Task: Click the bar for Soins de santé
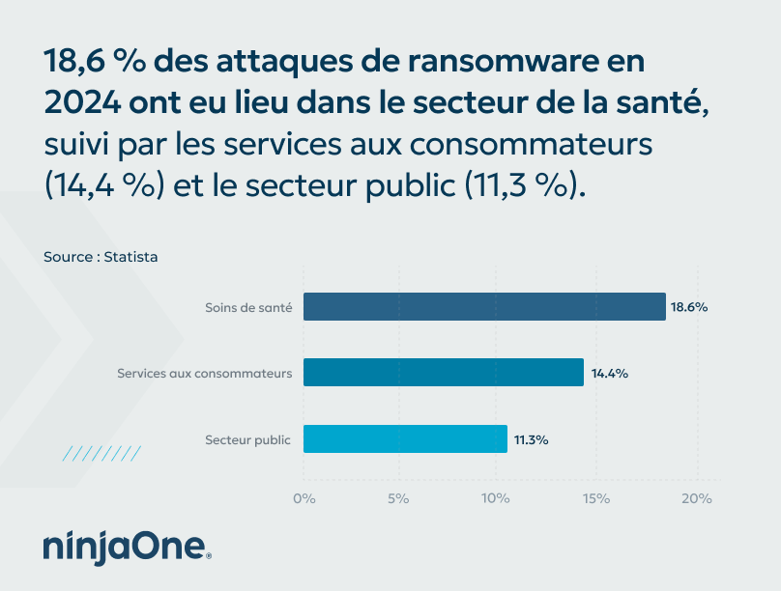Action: [x=484, y=307]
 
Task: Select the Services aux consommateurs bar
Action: [x=444, y=373]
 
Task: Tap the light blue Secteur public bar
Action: [x=405, y=439]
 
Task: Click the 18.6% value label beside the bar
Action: [x=690, y=307]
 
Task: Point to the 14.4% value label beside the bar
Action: [x=609, y=373]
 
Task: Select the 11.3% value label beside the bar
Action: [x=532, y=439]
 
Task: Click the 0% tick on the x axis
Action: [x=304, y=498]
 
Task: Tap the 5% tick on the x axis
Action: [x=398, y=498]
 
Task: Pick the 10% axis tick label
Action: [x=496, y=498]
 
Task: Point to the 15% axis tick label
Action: [x=595, y=498]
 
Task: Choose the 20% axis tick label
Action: [x=696, y=498]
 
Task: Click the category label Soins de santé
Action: [x=248, y=307]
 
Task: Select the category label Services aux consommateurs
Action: [x=204, y=373]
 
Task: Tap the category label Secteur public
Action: [x=247, y=439]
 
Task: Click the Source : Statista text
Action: [x=101, y=257]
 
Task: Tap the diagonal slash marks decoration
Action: [x=101, y=453]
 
